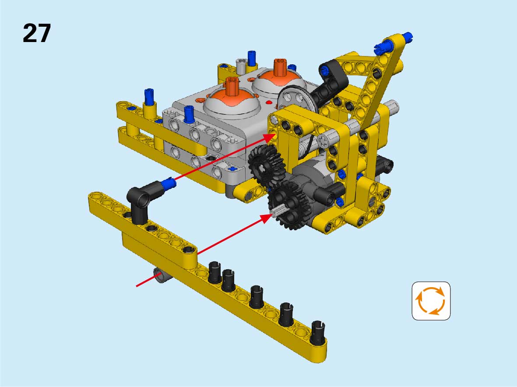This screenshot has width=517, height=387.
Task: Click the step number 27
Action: tap(37, 33)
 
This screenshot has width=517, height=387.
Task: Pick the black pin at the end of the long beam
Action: tap(318, 332)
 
